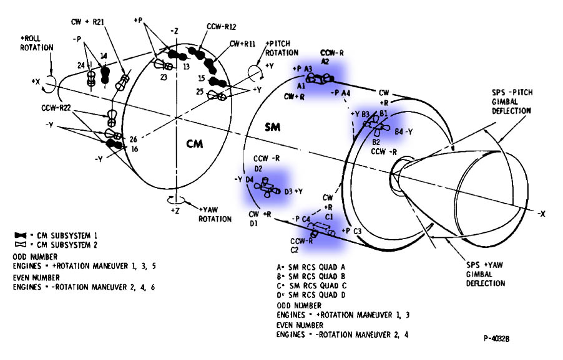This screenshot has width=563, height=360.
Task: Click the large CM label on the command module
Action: [195, 143]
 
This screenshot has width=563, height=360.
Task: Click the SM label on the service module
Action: [273, 127]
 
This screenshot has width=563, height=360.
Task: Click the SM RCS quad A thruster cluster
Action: [320, 78]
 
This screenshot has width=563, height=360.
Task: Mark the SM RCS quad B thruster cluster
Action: [376, 124]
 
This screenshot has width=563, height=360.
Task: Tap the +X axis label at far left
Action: [36, 81]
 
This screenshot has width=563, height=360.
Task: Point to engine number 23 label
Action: [163, 78]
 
